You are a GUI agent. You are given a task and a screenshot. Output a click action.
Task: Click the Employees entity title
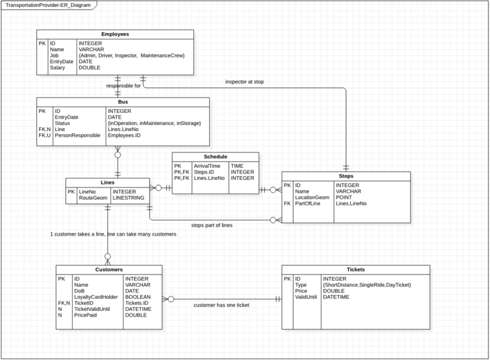tap(115, 34)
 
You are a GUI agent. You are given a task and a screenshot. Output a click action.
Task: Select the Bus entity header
tap(123, 101)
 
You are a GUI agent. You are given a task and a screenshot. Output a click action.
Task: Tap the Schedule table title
tap(216, 156)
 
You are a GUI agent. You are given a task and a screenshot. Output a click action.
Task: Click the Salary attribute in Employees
tap(57, 68)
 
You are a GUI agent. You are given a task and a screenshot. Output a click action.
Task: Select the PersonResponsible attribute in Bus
tap(77, 135)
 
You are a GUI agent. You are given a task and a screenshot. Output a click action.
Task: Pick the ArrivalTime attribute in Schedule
tap(207, 165)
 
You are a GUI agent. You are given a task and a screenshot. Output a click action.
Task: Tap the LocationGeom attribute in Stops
tap(312, 197)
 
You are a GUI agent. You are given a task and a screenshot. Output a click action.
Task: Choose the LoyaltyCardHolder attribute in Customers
tap(96, 297)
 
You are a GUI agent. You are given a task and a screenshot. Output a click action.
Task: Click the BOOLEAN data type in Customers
tap(138, 297)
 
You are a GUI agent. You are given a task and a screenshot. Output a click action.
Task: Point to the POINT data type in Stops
tap(345, 197)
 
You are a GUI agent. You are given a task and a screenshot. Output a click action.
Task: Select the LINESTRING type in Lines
tap(130, 198)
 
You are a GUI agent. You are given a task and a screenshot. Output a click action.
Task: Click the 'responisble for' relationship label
tap(123, 86)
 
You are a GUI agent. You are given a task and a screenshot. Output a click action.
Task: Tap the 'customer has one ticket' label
tap(221, 305)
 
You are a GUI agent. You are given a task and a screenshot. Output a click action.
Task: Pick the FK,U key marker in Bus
tap(44, 135)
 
